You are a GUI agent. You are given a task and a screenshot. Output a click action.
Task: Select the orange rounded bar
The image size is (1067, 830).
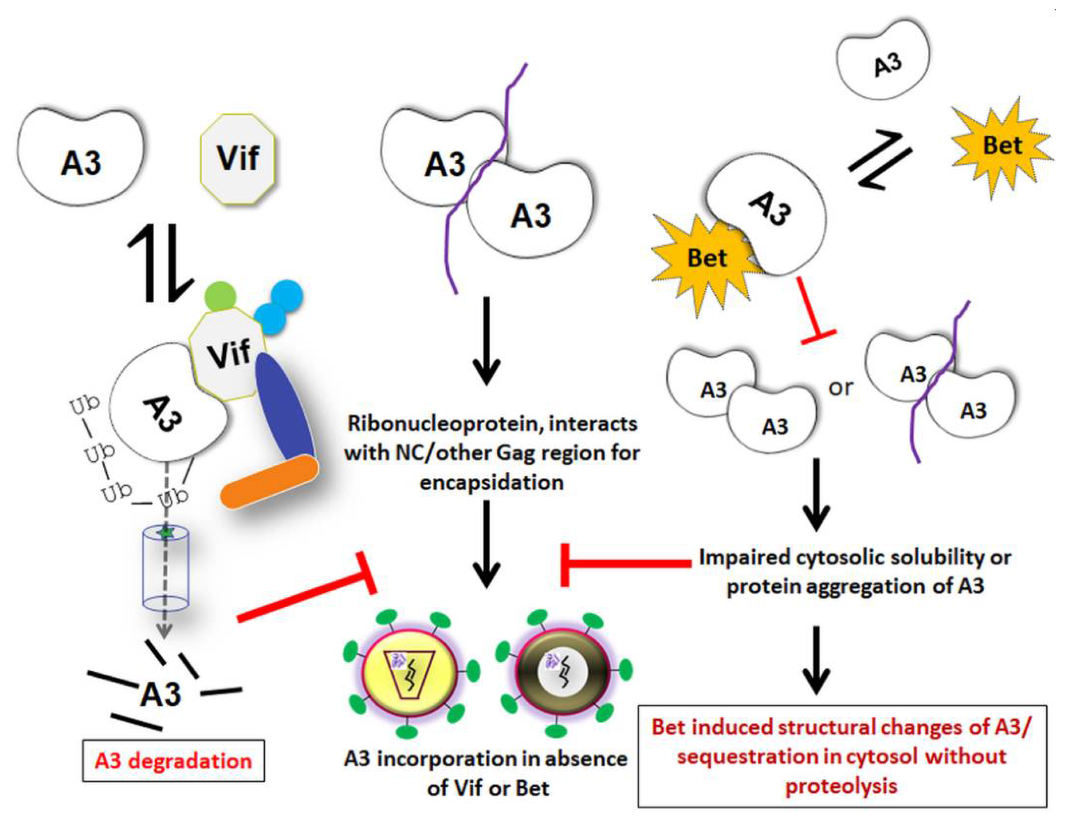270,482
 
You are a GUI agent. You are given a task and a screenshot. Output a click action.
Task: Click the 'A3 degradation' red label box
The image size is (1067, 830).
173,762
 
